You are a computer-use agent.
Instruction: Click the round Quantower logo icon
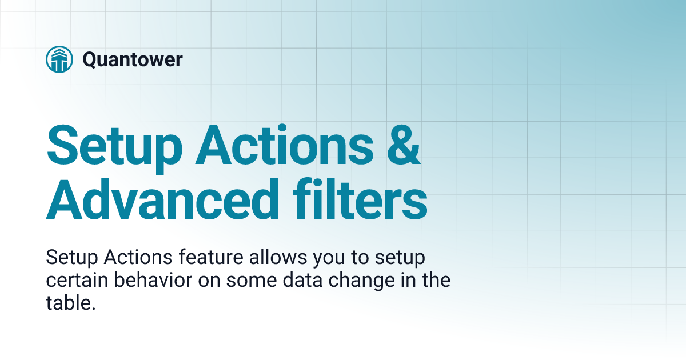[x=60, y=59]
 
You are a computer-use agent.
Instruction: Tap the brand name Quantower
[x=133, y=59]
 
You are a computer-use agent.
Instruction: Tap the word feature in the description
[x=207, y=258]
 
